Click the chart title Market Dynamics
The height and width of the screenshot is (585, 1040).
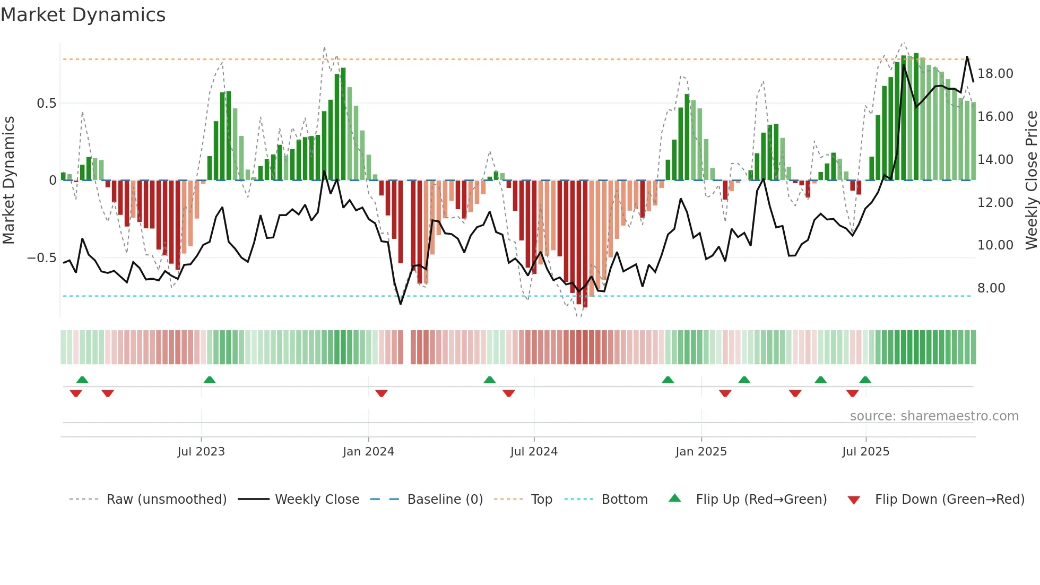pos(83,15)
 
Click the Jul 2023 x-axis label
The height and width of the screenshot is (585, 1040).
pos(201,452)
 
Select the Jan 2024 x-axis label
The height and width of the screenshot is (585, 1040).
pos(368,452)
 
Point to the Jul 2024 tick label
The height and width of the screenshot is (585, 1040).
pos(534,452)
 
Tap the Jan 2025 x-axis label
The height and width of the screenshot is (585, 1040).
pos(701,452)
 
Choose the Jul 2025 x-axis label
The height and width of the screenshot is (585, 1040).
pos(865,452)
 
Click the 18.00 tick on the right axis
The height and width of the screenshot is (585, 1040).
pos(995,74)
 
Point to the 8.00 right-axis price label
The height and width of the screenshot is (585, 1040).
pos(991,288)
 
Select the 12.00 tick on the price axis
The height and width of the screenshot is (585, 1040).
pos(995,203)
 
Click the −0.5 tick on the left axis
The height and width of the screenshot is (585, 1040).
pos(41,258)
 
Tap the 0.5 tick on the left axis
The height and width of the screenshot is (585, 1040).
pos(46,104)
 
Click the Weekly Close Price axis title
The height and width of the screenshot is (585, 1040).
pos(1031,180)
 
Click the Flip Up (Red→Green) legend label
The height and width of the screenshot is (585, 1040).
pos(761,500)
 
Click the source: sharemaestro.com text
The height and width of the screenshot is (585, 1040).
pos(934,416)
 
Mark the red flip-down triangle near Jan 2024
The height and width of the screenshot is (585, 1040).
pos(382,393)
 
